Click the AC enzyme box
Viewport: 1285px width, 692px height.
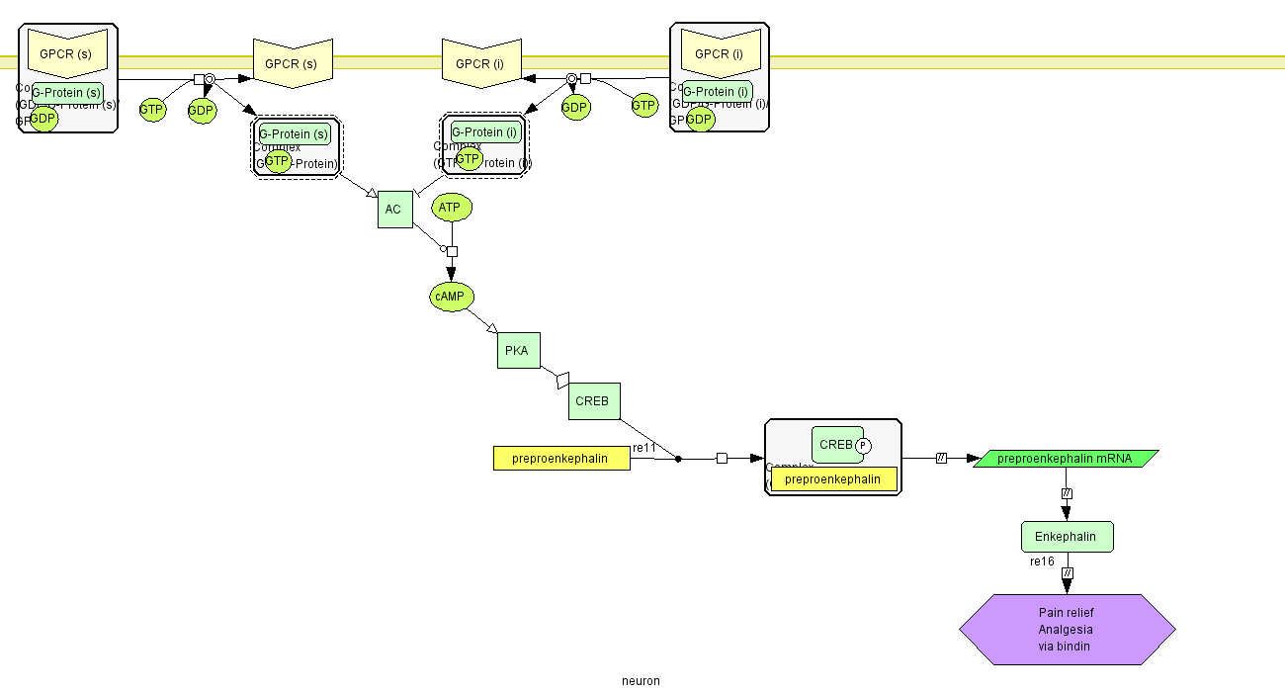click(x=394, y=210)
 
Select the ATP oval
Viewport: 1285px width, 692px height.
click(x=451, y=208)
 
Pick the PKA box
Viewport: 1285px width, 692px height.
click(x=518, y=350)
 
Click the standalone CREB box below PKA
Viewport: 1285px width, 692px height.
click(x=594, y=401)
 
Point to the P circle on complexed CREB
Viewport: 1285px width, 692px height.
click(x=863, y=446)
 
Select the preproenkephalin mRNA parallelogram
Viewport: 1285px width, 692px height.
click(x=1066, y=459)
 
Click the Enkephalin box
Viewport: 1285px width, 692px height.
click(x=1067, y=537)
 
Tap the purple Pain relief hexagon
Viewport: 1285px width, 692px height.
click(x=1067, y=630)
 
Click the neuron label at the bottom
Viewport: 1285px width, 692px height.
click(x=641, y=680)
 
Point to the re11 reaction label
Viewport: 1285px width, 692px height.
click(x=644, y=448)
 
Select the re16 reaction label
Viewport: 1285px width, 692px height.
click(x=1043, y=562)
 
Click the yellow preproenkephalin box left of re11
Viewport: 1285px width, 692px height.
click(x=561, y=459)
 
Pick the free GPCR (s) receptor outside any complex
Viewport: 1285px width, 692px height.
click(x=291, y=63)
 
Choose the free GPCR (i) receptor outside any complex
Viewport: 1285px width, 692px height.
click(x=479, y=63)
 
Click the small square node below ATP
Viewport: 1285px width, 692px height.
click(x=452, y=251)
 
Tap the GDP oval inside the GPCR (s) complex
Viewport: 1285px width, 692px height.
click(x=43, y=119)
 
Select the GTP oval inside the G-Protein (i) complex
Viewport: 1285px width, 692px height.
click(x=468, y=159)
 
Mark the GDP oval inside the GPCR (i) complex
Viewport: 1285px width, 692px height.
click(x=699, y=120)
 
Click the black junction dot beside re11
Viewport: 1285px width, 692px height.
click(x=677, y=459)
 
